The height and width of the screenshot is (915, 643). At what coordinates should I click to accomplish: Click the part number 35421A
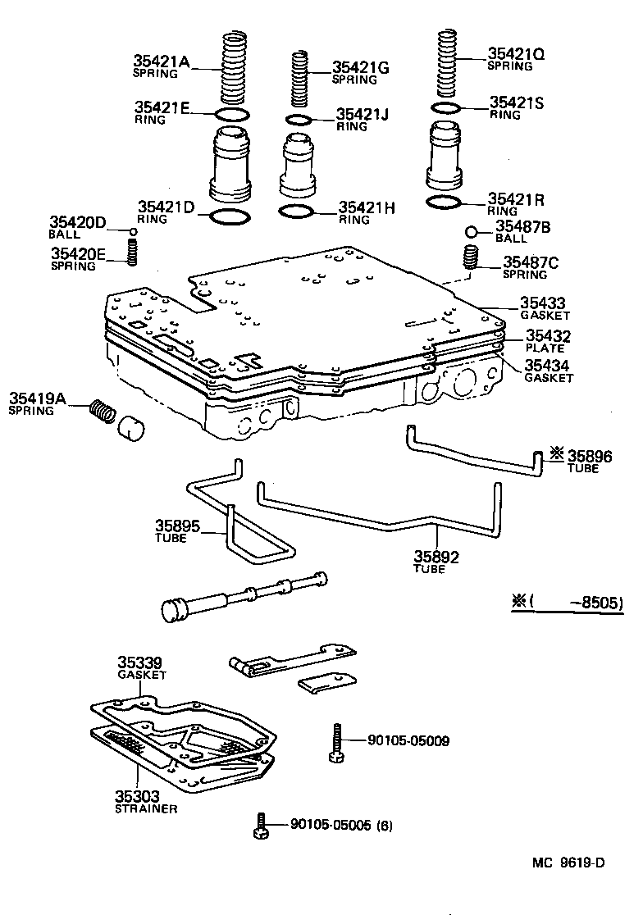click(161, 61)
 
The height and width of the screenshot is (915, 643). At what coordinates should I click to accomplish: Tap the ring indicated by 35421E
click(231, 114)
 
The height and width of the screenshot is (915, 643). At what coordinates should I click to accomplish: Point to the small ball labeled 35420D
click(133, 232)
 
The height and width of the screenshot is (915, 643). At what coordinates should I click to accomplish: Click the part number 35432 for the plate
click(548, 335)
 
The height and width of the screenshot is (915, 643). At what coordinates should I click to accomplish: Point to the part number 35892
click(436, 557)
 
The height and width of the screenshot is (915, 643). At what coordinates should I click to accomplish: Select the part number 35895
click(178, 526)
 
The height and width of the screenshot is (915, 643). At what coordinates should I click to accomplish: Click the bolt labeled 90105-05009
click(335, 743)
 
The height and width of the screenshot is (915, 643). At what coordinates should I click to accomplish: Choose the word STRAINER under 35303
click(146, 808)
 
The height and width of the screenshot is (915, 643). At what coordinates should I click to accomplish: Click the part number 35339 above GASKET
click(139, 662)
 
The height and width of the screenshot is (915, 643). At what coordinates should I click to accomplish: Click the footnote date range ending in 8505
click(568, 603)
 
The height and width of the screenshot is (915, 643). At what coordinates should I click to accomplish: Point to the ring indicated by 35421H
click(296, 212)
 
